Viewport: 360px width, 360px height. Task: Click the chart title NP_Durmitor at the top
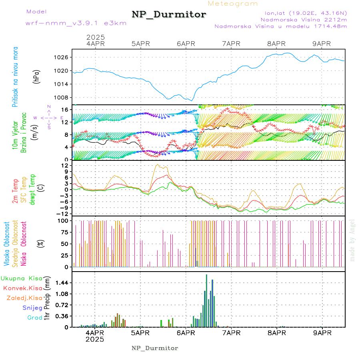click(169, 15)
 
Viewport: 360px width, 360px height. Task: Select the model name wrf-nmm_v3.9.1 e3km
click(76, 23)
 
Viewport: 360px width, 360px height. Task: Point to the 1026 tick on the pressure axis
click(61, 57)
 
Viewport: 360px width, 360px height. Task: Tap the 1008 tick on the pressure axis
click(61, 97)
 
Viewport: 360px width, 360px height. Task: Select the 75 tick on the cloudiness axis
click(63, 232)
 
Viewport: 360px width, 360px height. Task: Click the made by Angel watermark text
click(352, 240)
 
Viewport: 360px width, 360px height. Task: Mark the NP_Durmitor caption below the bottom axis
click(155, 348)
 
